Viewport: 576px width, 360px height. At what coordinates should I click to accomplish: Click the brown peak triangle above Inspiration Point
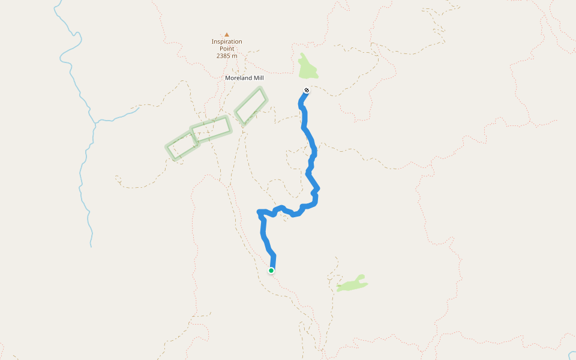pos(227,34)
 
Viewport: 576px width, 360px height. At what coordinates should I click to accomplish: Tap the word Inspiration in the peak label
pos(227,41)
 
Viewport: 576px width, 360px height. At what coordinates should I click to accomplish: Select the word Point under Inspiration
pos(227,49)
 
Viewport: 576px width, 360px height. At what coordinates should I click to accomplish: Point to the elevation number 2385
pos(224,56)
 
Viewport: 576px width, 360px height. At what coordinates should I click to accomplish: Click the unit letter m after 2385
pos(235,56)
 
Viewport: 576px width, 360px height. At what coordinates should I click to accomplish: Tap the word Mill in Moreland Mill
pos(258,78)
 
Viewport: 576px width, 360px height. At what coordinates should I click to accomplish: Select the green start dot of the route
pos(271,271)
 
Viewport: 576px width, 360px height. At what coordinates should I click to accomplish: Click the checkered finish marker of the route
pos(307,91)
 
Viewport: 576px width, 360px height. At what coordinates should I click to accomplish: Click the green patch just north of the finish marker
pos(307,68)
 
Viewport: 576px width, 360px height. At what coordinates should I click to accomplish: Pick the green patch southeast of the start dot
pos(352,283)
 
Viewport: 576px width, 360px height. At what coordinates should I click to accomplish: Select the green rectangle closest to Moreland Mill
pos(251,106)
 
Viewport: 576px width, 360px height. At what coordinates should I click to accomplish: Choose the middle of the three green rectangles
pos(211,129)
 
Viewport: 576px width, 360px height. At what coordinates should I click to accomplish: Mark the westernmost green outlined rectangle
pos(182,145)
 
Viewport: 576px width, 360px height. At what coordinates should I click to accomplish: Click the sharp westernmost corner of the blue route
pos(258,211)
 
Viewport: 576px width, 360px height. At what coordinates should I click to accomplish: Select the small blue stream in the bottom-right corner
pos(571,355)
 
